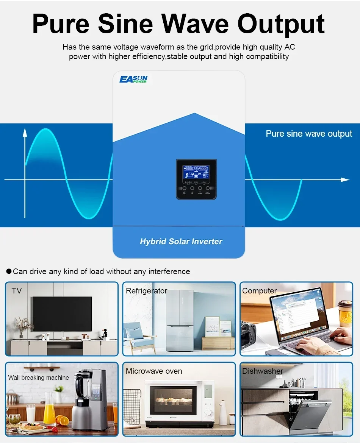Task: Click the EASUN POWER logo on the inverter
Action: pyautogui.click(x=133, y=79)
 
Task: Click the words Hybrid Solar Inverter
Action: pyautogui.click(x=181, y=242)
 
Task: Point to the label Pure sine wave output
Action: pyautogui.click(x=309, y=134)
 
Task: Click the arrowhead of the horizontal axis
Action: pyautogui.click(x=345, y=179)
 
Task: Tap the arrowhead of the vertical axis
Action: pyautogui.click(x=25, y=132)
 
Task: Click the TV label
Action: pyautogui.click(x=17, y=291)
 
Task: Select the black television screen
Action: pyautogui.click(x=62, y=314)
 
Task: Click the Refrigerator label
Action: pyautogui.click(x=146, y=291)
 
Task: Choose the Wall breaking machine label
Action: pyautogui.click(x=39, y=377)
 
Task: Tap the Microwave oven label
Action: pyautogui.click(x=154, y=371)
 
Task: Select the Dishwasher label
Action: pyautogui.click(x=263, y=371)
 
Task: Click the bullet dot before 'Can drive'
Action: pyautogui.click(x=9, y=271)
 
